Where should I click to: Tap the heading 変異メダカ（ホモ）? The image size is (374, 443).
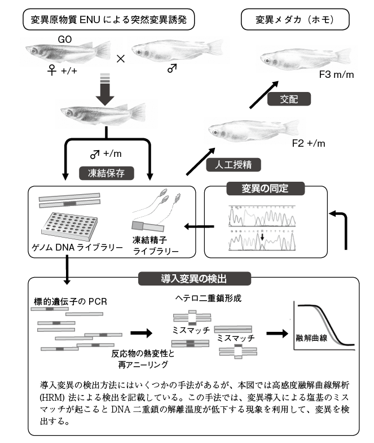click(294, 21)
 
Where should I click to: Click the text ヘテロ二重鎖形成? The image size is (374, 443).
click(204, 299)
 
